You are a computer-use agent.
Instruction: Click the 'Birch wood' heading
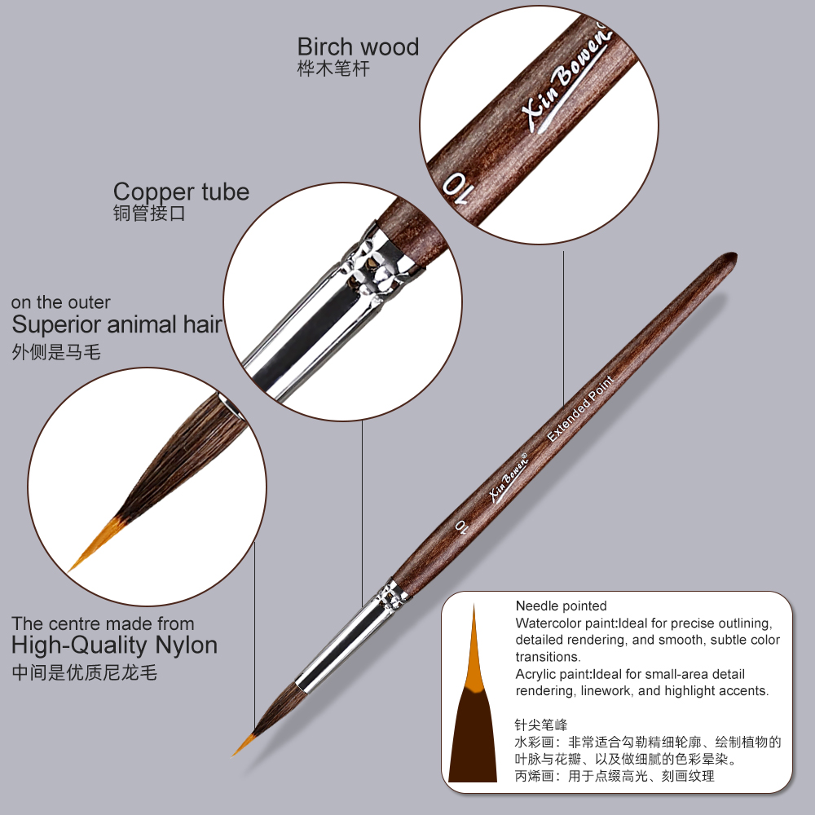point(358,47)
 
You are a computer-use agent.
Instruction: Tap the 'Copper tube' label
point(182,192)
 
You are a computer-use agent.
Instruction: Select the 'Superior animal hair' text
point(117,324)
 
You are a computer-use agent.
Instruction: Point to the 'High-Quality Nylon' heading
point(114,645)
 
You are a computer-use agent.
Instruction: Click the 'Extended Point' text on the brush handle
point(580,408)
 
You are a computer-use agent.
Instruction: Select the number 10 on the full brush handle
point(461,526)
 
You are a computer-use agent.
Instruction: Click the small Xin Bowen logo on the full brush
point(509,478)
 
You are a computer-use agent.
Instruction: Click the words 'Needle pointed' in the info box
point(561,606)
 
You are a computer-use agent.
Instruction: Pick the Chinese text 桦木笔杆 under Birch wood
point(333,68)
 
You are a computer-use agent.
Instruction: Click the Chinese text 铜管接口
point(149,213)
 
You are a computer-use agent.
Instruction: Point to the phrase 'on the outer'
point(61,302)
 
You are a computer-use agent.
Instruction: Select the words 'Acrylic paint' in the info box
point(553,674)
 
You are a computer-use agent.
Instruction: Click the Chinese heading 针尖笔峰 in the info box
point(541,725)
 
